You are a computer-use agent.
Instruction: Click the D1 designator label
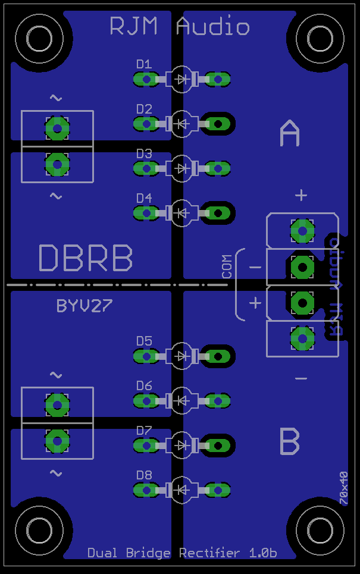click(x=144, y=64)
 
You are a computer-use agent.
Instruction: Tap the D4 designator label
click(x=144, y=198)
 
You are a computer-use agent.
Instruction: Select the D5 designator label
click(x=144, y=341)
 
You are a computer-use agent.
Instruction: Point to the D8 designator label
click(x=144, y=475)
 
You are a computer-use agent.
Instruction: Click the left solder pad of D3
click(x=144, y=169)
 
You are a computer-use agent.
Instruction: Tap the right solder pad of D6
click(x=218, y=401)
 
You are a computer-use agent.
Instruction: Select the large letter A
click(x=290, y=134)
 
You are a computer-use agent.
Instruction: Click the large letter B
click(x=290, y=442)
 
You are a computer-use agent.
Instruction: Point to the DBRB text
click(x=86, y=258)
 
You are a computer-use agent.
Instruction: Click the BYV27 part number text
click(x=84, y=306)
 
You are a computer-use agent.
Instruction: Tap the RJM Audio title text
click(x=180, y=27)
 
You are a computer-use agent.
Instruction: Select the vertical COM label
click(x=227, y=267)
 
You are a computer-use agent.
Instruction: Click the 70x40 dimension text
click(x=343, y=488)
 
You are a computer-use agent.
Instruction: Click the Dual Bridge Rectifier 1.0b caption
click(x=182, y=553)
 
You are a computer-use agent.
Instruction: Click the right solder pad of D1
click(x=218, y=79)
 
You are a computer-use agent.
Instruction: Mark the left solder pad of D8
click(x=144, y=490)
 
